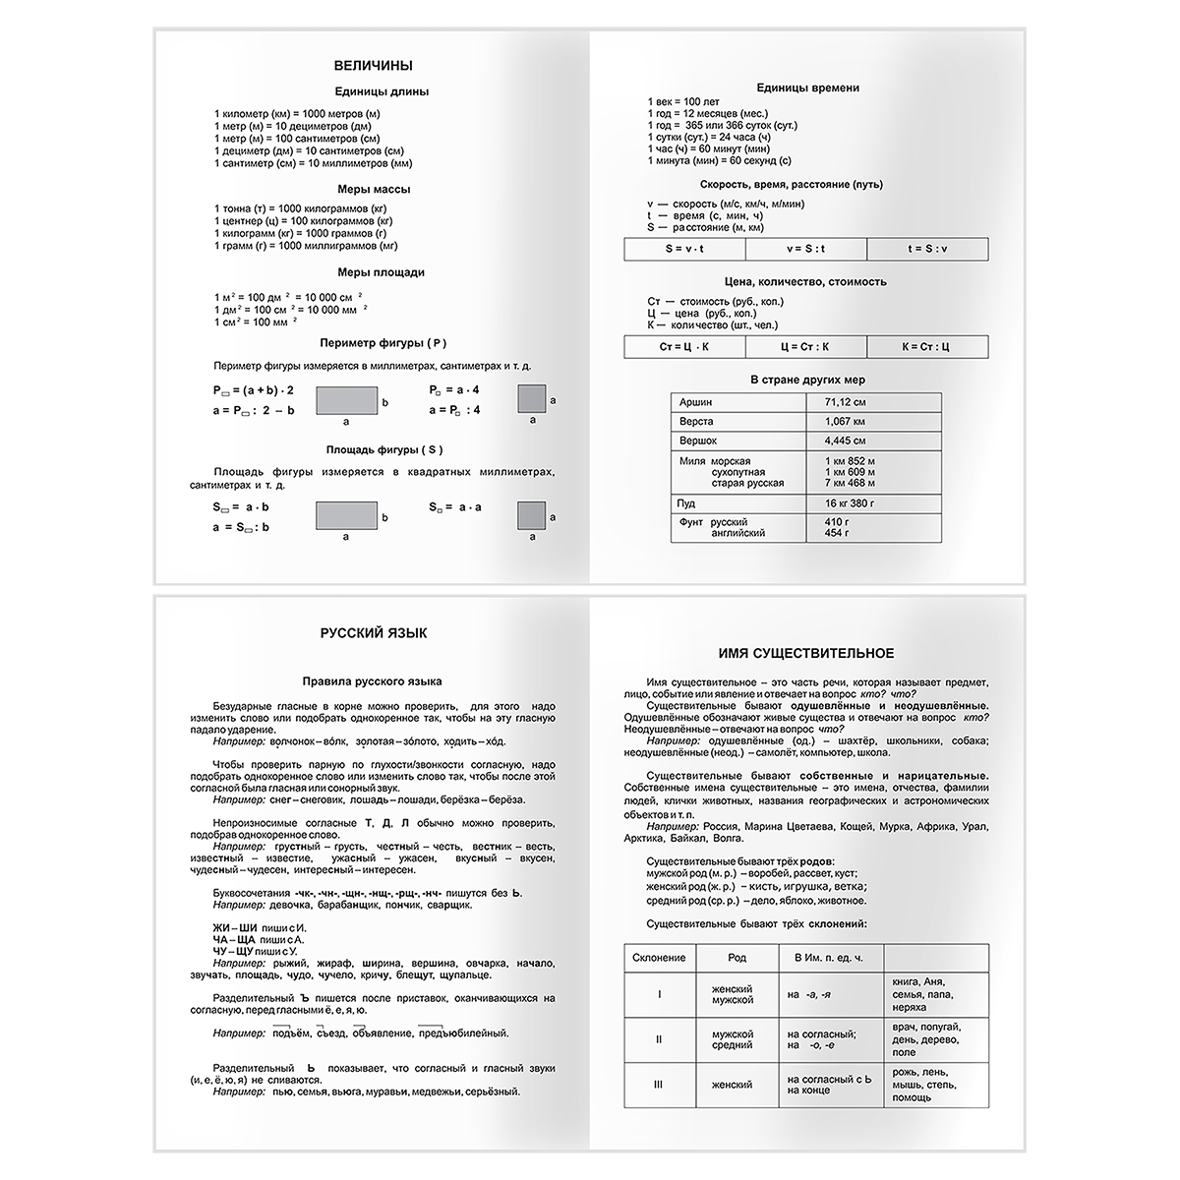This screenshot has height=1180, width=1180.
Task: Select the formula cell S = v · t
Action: pos(685,249)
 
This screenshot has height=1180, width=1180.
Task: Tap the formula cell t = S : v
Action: pos(927,249)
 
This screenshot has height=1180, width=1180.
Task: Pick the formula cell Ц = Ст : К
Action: pos(805,346)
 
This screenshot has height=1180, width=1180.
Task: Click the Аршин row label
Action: pos(697,402)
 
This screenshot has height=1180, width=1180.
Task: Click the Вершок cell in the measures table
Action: pos(698,441)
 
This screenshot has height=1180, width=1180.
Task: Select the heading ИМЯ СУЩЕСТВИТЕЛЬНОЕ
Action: pos(806,653)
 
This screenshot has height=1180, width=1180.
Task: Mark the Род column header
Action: pos(737,958)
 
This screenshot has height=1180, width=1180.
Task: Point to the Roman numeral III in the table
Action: pos(659,1085)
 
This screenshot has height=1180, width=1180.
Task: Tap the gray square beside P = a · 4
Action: pos(532,398)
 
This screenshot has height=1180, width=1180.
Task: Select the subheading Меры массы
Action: pos(372,189)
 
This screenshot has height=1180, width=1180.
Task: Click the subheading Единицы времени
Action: pos(808,88)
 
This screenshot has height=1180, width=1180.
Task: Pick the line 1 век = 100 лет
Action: pos(683,102)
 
